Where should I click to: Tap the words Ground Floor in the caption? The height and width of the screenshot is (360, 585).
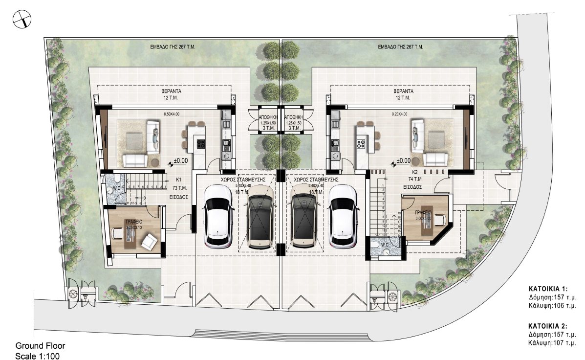click(40, 345)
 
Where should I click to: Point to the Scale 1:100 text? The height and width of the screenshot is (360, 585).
click(38, 356)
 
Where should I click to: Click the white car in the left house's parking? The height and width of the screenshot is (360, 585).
click(218, 216)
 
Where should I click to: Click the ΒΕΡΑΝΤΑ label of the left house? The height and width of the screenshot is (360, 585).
click(169, 91)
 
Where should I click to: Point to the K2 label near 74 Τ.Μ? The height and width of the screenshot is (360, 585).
click(414, 173)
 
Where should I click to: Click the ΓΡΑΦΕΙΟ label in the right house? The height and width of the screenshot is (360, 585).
click(424, 213)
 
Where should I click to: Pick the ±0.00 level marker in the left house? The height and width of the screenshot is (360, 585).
click(181, 160)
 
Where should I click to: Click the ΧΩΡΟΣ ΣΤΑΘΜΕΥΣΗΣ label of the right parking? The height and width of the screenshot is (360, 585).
click(313, 180)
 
